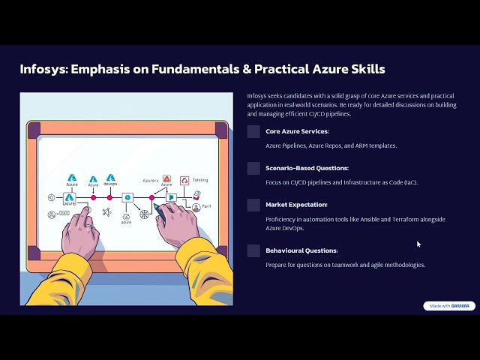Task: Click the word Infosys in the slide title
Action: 43,69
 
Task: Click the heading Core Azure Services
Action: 297,131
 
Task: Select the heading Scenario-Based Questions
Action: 307,168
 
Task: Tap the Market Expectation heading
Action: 295,205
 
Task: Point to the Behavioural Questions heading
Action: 301,250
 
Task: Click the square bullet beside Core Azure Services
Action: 253,132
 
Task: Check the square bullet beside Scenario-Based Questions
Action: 253,169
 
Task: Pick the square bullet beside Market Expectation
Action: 253,205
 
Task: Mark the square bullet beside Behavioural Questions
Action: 253,251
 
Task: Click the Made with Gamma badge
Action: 448,306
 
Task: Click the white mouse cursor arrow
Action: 418,244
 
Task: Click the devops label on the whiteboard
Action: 110,184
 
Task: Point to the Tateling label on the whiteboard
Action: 200,180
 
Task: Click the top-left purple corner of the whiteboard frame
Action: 34,129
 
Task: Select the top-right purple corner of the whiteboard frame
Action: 220,129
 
